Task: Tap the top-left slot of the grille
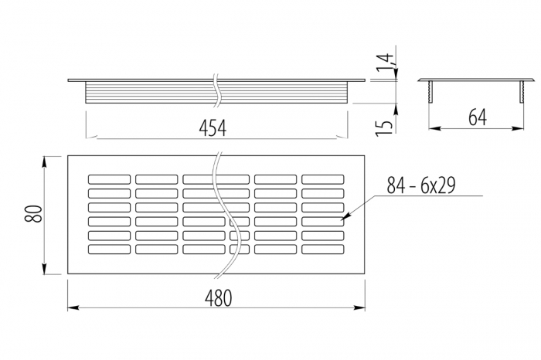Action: click(x=108, y=179)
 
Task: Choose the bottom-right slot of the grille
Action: click(x=322, y=249)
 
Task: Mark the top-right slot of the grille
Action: click(x=322, y=179)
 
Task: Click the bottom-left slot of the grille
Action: click(x=108, y=249)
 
